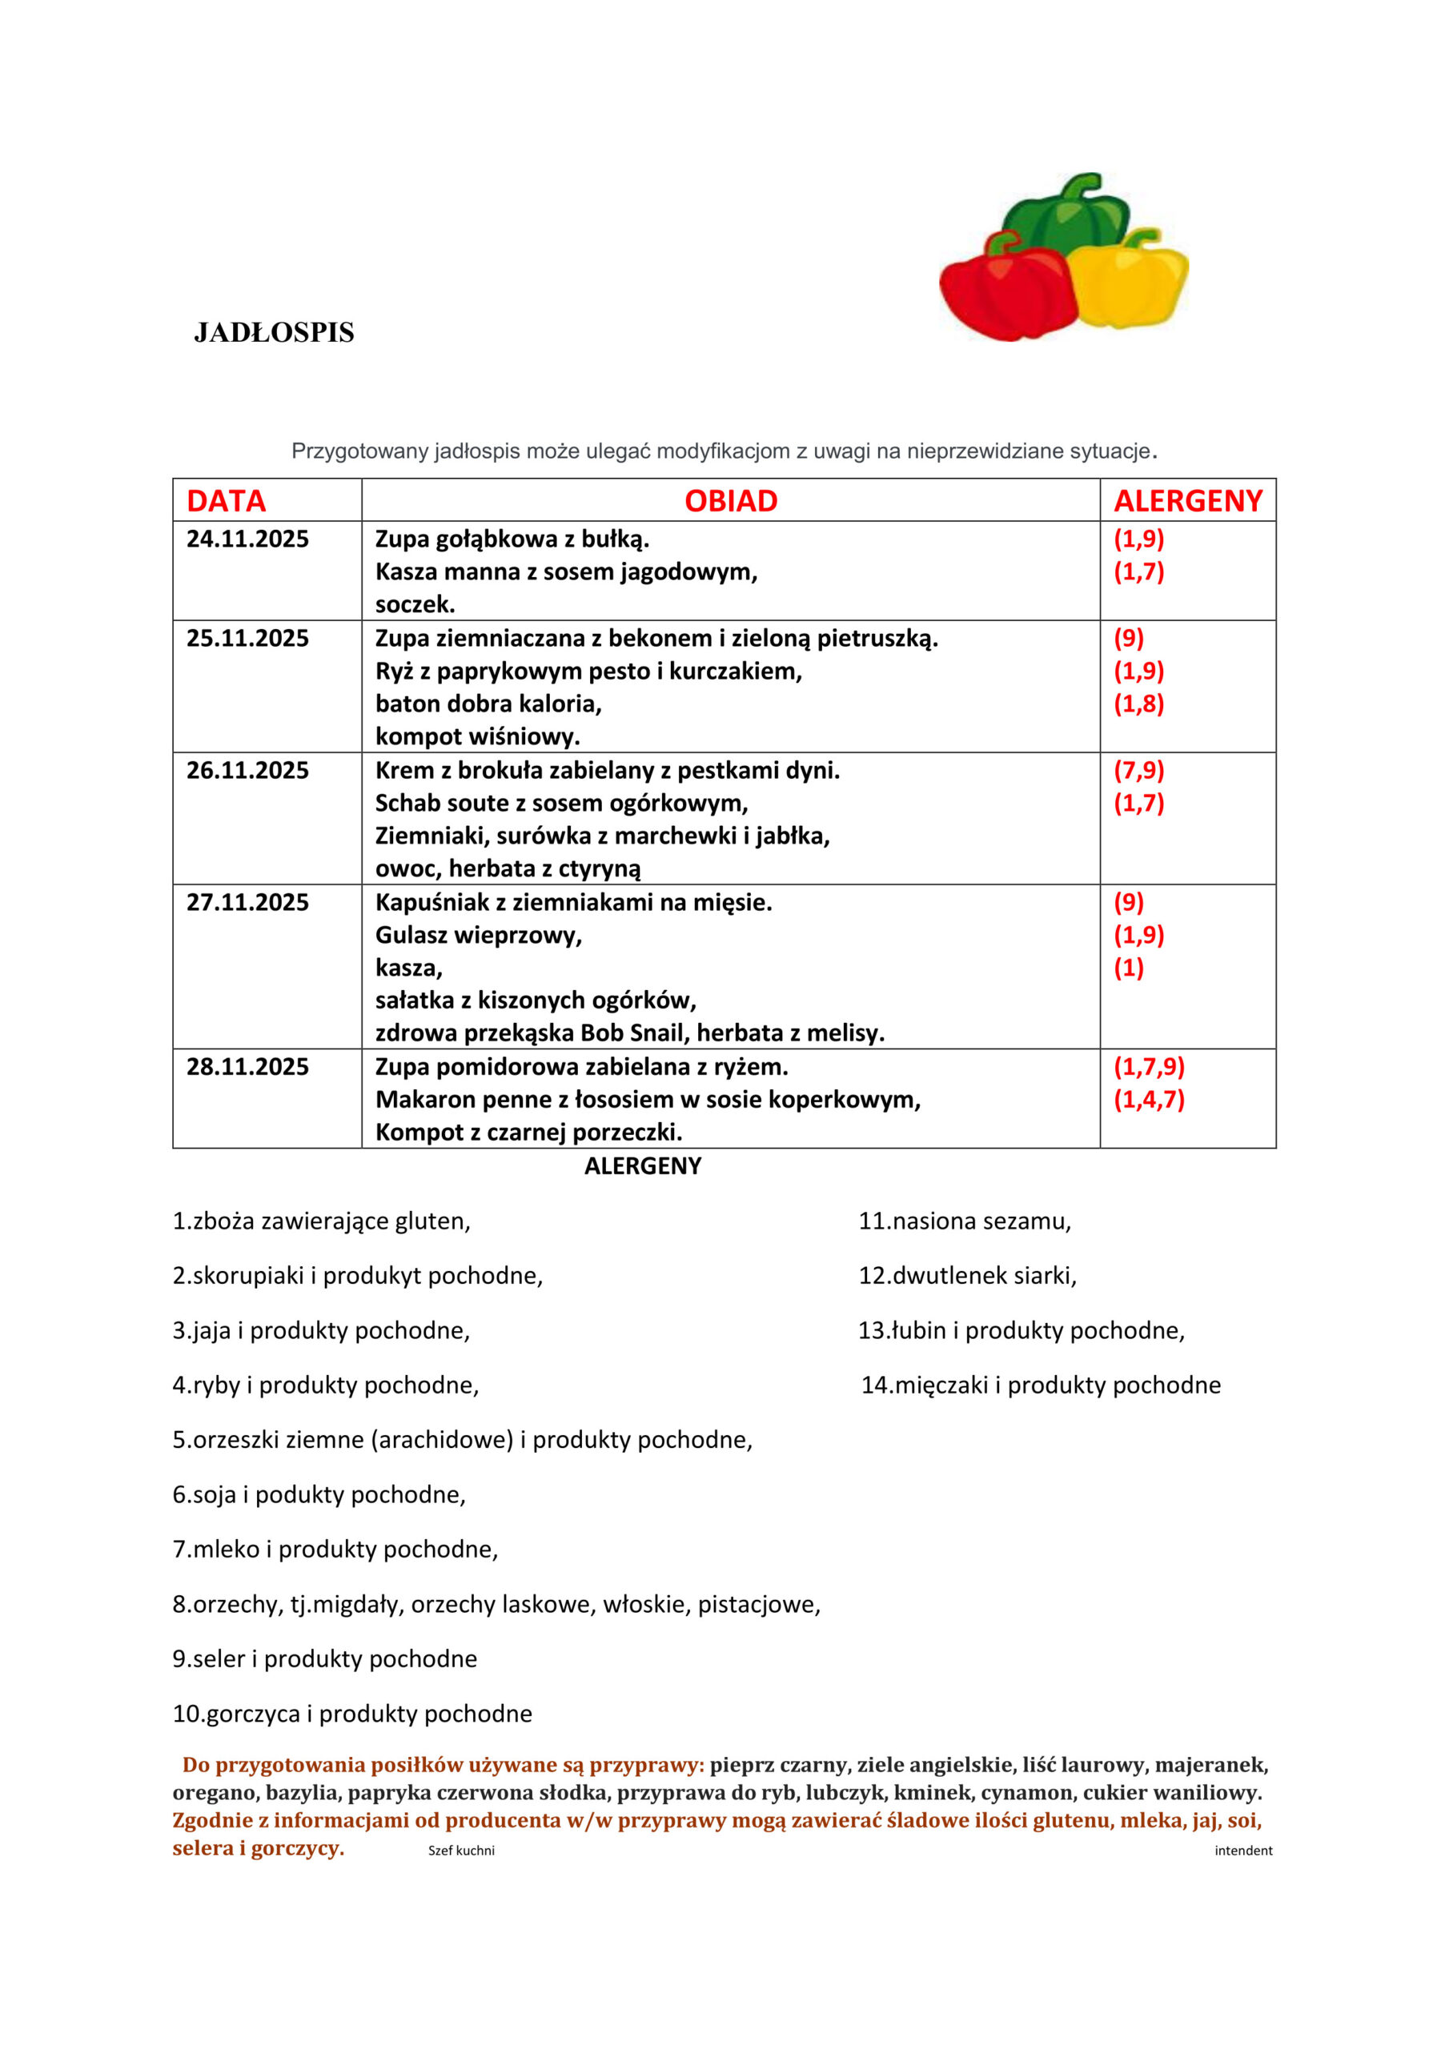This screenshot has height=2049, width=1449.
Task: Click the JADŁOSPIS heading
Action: pyautogui.click(x=274, y=333)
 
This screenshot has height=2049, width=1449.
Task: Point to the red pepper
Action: pyautogui.click(x=1005, y=291)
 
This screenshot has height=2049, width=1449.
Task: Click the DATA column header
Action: pyautogui.click(x=226, y=501)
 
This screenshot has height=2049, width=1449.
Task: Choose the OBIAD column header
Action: pyautogui.click(x=730, y=501)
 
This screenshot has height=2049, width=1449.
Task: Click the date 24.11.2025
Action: pyautogui.click(x=247, y=539)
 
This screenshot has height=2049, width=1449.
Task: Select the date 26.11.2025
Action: pyautogui.click(x=247, y=770)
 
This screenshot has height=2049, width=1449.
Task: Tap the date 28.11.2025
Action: pyautogui.click(x=247, y=1066)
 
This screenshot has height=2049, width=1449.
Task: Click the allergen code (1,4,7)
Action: pyautogui.click(x=1148, y=1100)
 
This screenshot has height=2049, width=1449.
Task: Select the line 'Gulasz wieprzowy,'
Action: pyautogui.click(x=479, y=936)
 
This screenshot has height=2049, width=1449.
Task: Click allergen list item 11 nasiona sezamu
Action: pyautogui.click(x=964, y=1221)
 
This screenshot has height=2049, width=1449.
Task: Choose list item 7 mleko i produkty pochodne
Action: pyautogui.click(x=335, y=1550)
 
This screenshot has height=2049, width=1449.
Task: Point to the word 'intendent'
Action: pyautogui.click(x=1242, y=1851)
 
